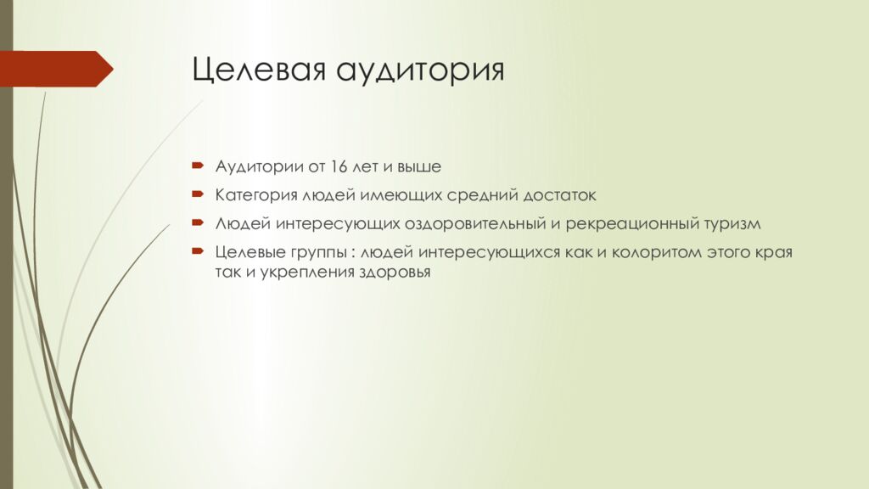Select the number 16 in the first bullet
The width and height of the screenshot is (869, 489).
pos(340,166)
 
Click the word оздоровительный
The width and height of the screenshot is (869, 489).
pos(474,224)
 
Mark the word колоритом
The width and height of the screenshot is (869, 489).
pos(659,253)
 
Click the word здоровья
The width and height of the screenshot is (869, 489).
pos(395,273)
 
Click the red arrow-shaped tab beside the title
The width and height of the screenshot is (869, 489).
pos(56,69)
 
